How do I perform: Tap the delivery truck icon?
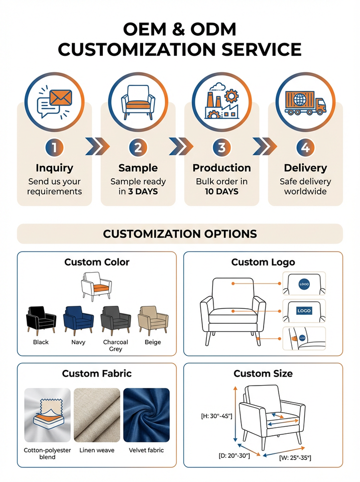[305, 103]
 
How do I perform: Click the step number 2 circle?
[138, 148]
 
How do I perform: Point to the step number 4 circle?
[305, 148]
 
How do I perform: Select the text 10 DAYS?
[221, 191]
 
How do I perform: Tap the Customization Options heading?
[180, 233]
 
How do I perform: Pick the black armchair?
[41, 319]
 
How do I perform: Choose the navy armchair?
[78, 319]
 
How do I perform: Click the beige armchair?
[153, 319]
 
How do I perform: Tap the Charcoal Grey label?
[115, 345]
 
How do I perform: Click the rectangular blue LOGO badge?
[304, 311]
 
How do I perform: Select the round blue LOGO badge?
[304, 284]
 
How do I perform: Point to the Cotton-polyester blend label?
[48, 453]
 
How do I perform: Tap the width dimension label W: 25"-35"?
[295, 457]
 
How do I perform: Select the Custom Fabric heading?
[97, 374]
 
